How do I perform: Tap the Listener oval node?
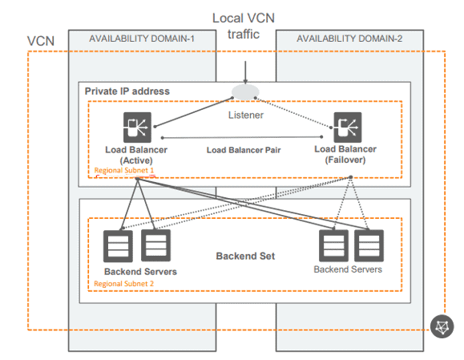point(244,94)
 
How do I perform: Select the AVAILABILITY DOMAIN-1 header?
point(142,38)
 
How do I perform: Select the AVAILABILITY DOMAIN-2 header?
point(348,38)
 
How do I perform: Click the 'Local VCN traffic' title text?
point(244,26)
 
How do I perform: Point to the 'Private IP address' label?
point(127,91)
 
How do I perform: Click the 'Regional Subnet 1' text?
point(124,171)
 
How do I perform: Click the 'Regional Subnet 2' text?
point(124,284)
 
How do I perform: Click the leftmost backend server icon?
point(118,247)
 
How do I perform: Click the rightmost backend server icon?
point(368,247)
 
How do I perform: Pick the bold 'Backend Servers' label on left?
point(140,272)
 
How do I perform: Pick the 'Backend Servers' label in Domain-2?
point(348,269)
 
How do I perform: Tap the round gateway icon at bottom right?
point(442,326)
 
